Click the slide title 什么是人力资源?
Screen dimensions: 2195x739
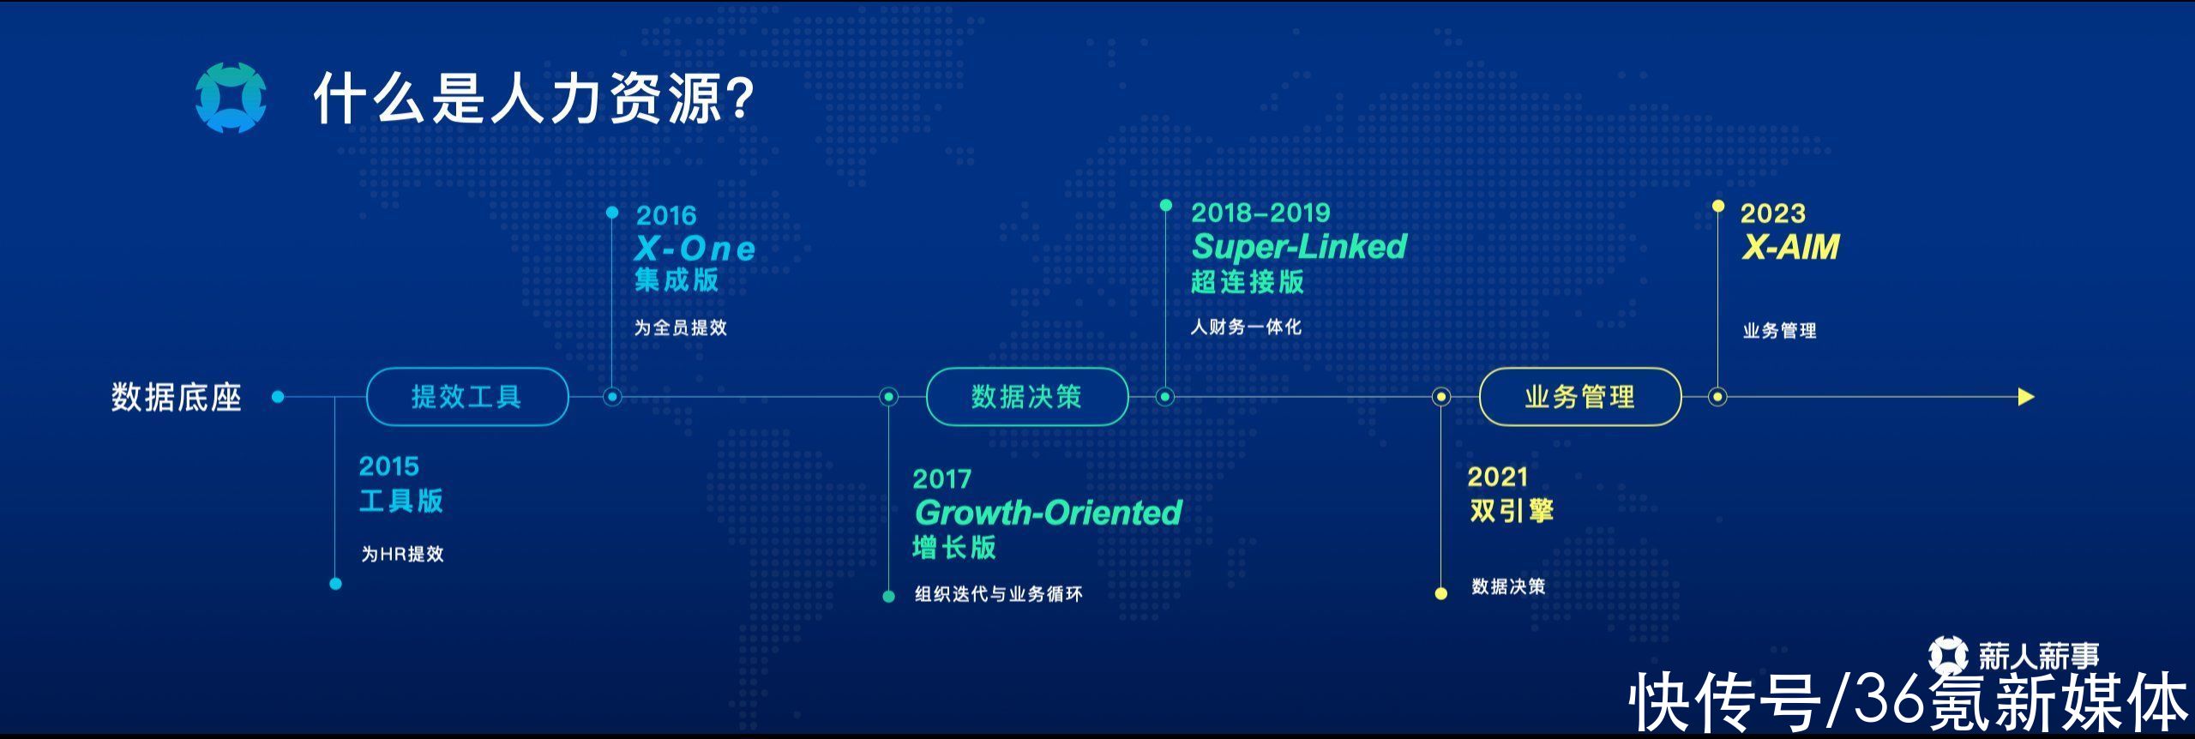pos(533,99)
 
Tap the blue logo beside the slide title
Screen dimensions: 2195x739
pos(230,98)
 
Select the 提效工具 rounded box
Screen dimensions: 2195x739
pos(467,397)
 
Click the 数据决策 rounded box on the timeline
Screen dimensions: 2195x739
pos(1027,397)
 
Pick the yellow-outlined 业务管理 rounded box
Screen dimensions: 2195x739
pos(1580,397)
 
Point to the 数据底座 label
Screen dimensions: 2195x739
pos(177,398)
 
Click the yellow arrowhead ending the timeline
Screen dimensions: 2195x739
pos(2026,397)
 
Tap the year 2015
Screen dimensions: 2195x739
pos(389,466)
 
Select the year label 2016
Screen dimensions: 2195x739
pos(666,215)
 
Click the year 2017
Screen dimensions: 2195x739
pos(942,479)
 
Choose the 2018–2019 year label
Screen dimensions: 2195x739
pos(1260,213)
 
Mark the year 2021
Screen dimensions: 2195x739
pos(1498,477)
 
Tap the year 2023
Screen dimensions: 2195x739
pos(1773,213)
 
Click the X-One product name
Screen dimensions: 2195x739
pos(695,249)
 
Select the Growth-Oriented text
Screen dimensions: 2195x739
pos(1048,513)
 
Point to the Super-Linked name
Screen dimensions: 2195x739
pos(1299,247)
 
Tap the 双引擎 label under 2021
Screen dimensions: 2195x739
pos(1512,511)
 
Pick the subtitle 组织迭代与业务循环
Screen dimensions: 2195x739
pos(999,594)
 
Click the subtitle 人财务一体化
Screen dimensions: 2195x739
pos(1246,327)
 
